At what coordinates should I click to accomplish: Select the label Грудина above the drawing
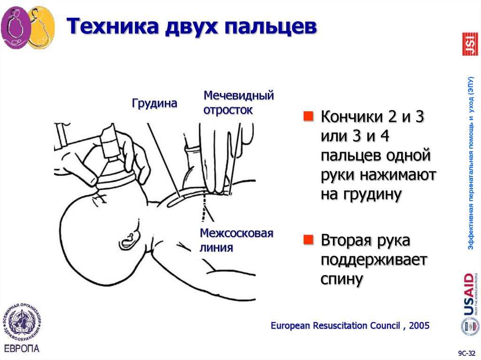click(x=155, y=103)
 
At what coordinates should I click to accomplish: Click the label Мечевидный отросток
click(x=238, y=103)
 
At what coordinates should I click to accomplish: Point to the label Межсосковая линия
click(x=236, y=240)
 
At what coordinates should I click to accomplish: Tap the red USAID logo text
click(x=468, y=294)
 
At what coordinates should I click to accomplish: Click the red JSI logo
click(x=470, y=44)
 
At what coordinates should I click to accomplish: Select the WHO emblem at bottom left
click(x=22, y=324)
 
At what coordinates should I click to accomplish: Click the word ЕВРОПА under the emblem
click(x=22, y=349)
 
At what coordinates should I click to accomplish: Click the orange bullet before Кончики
click(x=308, y=116)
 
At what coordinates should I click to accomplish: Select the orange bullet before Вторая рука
click(x=308, y=240)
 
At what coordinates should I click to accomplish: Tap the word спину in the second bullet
click(x=342, y=279)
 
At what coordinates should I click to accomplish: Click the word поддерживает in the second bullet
click(x=373, y=260)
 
